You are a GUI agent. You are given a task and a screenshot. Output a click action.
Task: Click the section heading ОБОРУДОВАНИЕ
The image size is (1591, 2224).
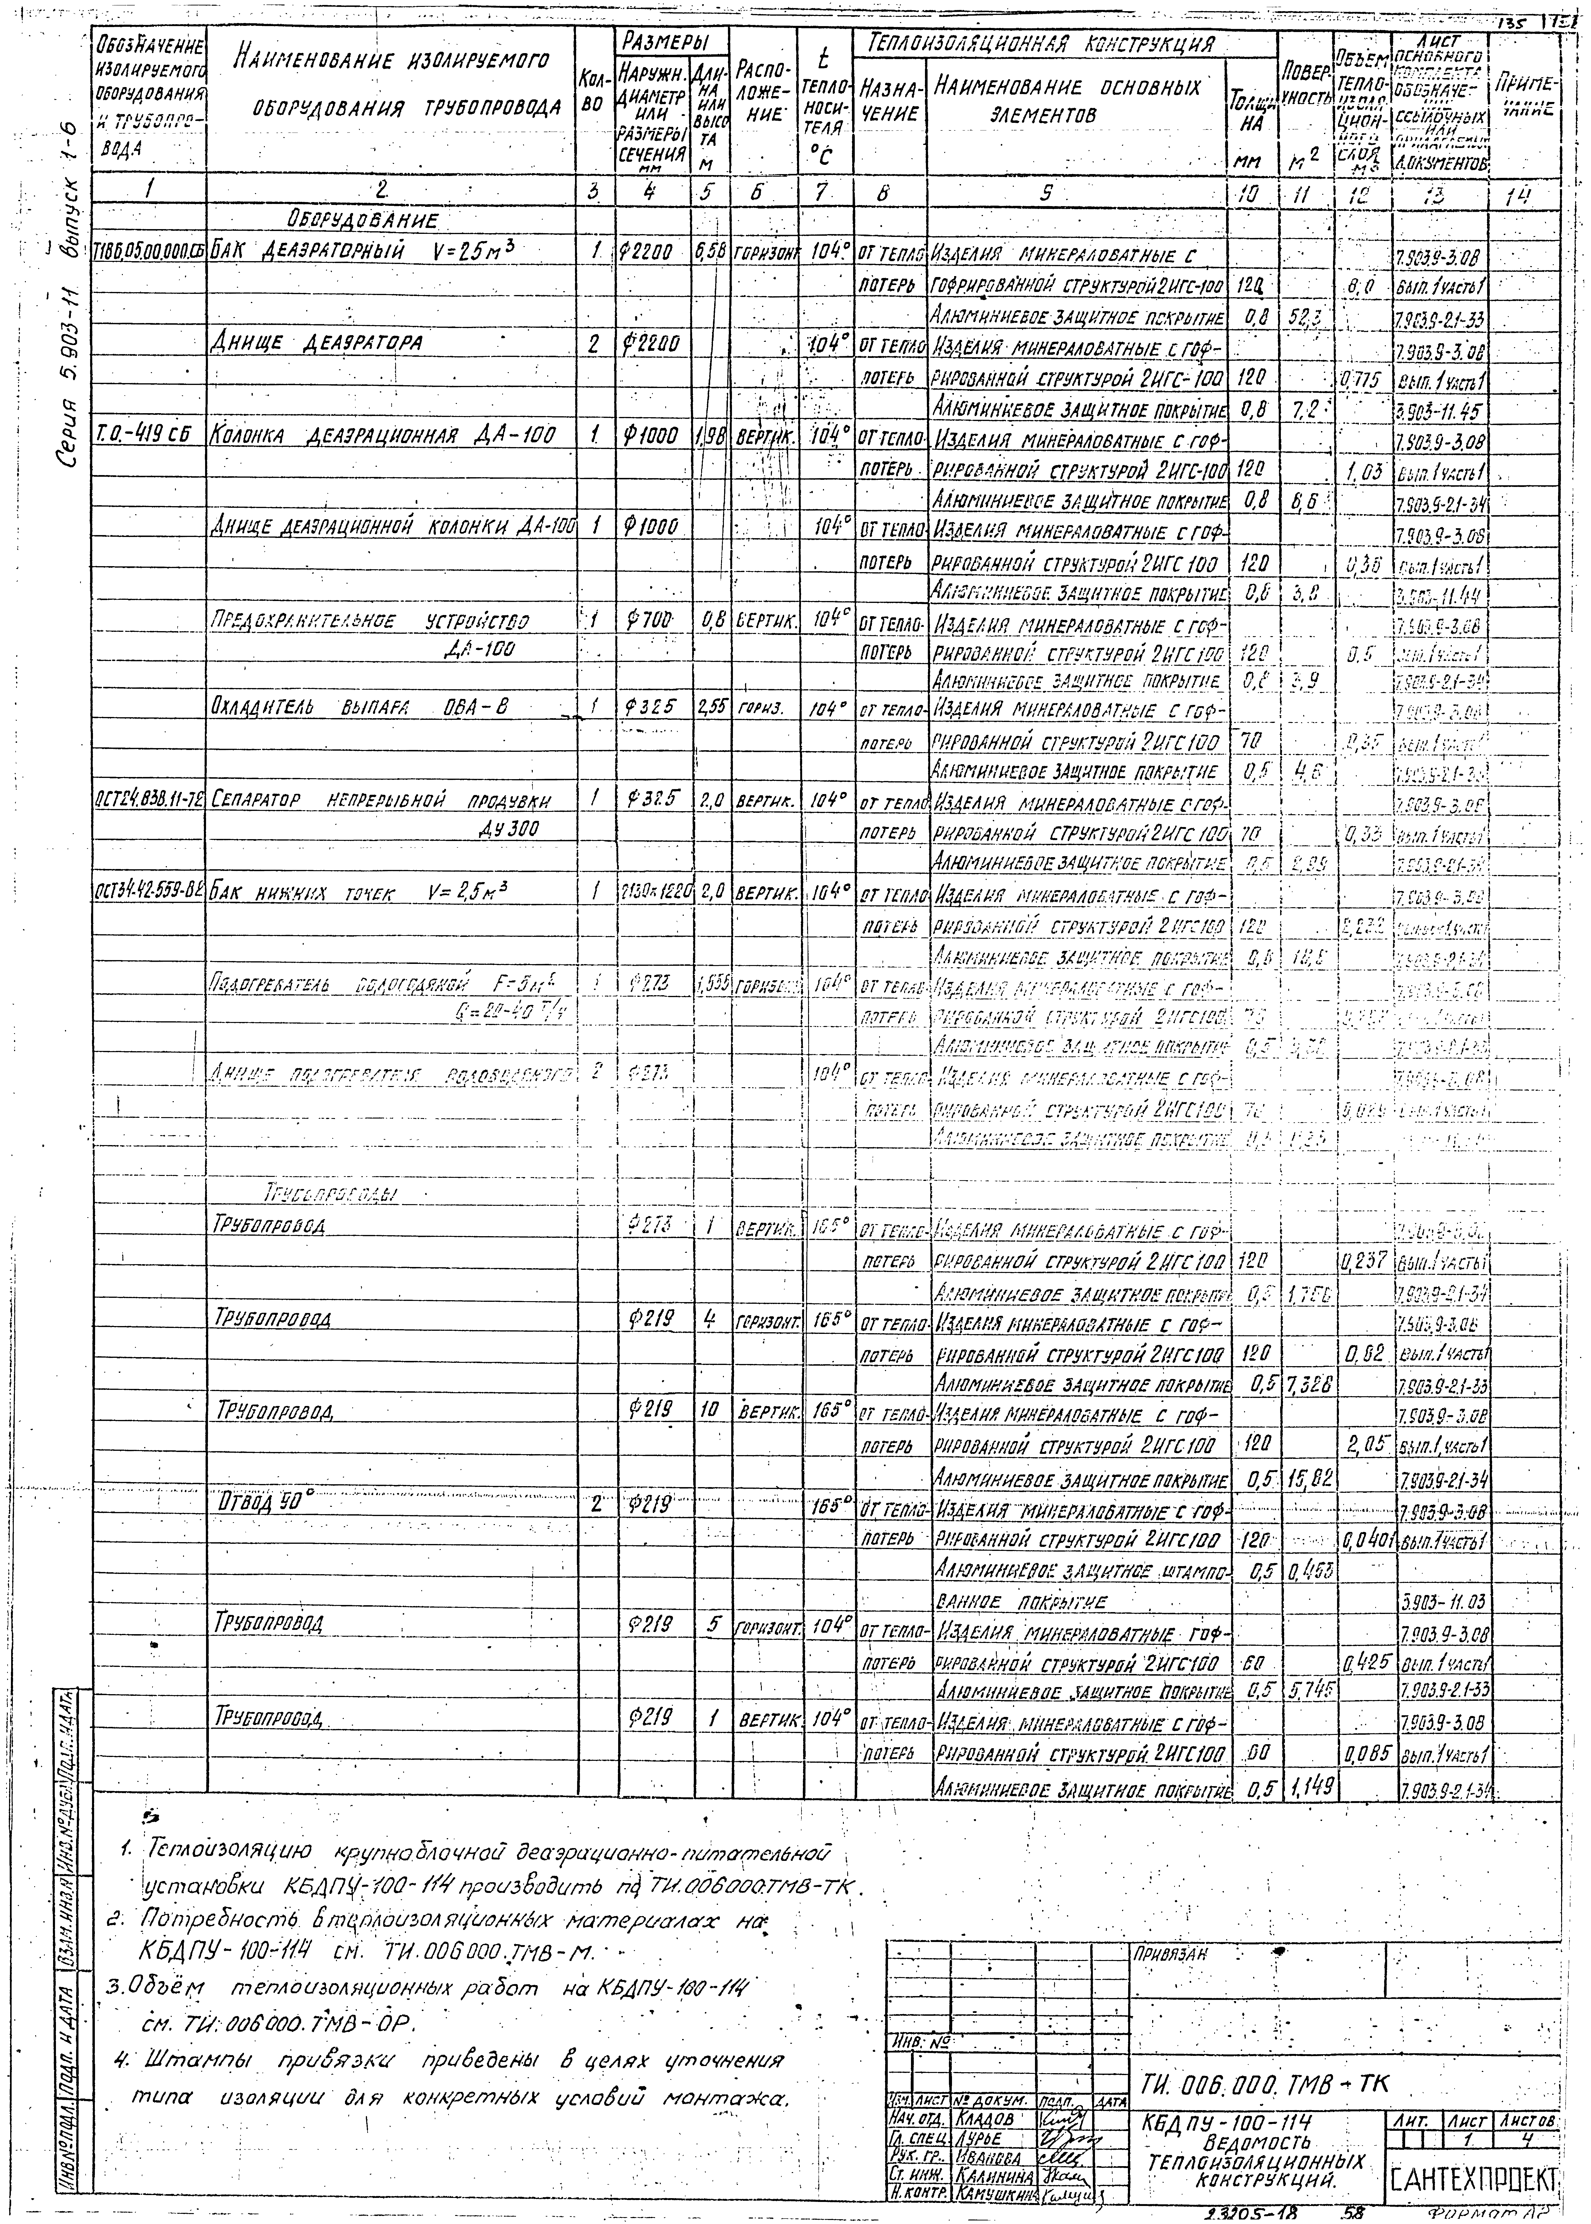[363, 219]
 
